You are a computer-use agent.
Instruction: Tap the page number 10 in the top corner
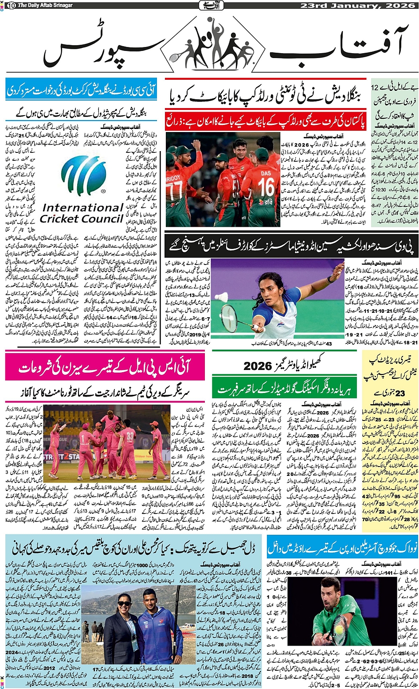coord(11,5)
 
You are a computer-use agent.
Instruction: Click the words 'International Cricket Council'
coord(82,213)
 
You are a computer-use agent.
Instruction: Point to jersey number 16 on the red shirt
coord(266,187)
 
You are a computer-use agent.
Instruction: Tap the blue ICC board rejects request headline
coord(81,90)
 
